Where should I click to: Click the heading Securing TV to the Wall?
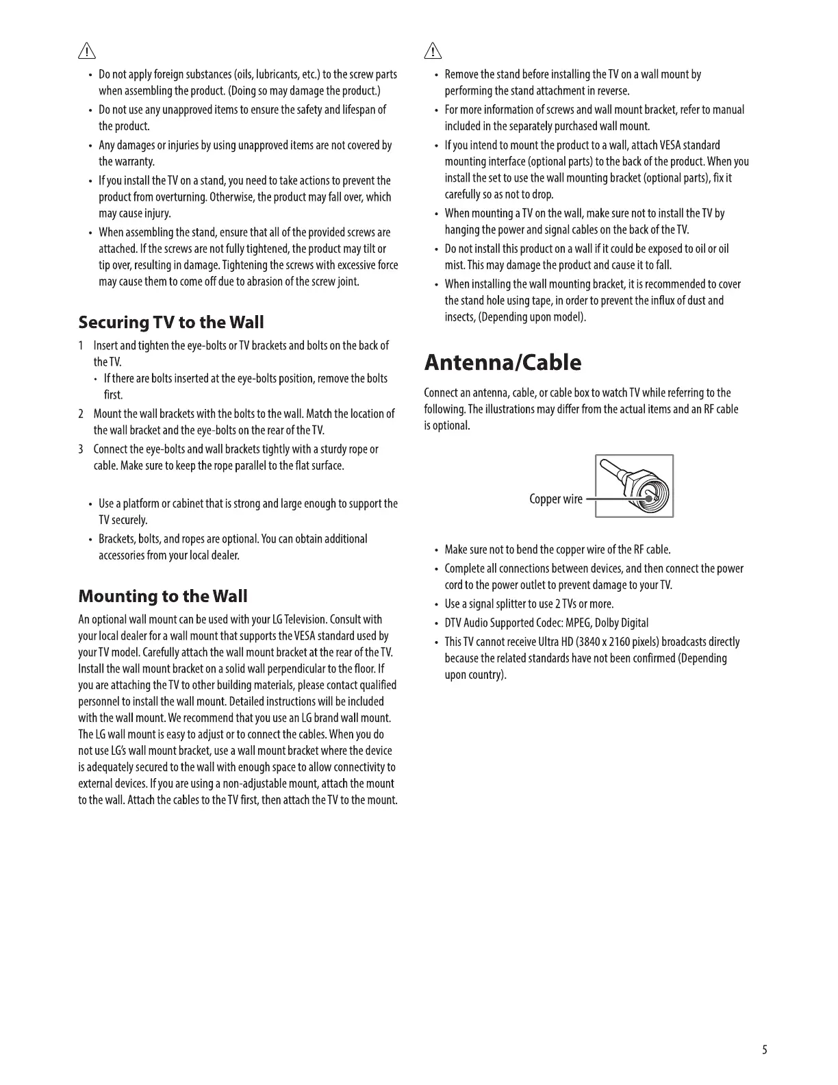170,322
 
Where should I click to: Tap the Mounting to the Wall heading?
163,596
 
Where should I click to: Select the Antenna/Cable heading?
503,362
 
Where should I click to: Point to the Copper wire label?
555,499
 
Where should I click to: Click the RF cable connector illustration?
635,486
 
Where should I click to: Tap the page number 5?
764,1049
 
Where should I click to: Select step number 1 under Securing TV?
81,346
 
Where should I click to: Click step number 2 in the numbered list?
81,414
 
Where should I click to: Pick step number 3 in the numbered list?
81,449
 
